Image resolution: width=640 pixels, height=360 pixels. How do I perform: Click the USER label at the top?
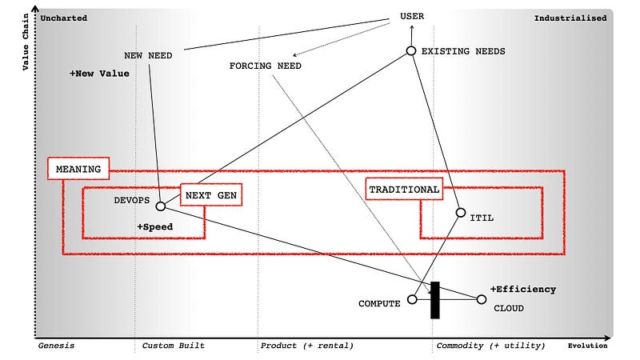pos(412,16)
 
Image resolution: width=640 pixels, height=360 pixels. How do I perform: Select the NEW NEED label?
pos(148,55)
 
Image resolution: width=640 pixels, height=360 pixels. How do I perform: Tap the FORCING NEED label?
pos(265,66)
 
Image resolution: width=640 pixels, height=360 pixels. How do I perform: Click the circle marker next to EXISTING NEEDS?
pos(410,51)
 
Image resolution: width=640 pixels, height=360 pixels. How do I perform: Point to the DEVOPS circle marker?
pos(160,206)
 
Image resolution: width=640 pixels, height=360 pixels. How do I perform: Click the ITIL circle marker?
pos(460,213)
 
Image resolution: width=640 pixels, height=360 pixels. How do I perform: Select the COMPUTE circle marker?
pos(412,300)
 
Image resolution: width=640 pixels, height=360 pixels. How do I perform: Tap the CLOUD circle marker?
pos(481,300)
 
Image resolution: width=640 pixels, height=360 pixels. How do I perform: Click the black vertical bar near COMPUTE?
pos(435,300)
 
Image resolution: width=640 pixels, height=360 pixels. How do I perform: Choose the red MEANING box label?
pos(78,169)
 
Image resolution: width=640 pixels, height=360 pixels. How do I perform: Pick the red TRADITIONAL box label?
pos(404,190)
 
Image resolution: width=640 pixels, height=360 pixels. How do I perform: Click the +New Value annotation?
pos(99,74)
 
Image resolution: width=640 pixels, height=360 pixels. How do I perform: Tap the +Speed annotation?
pos(154,227)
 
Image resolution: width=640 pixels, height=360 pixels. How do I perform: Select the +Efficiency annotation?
pos(523,289)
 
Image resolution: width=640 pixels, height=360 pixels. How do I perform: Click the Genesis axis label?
pos(56,346)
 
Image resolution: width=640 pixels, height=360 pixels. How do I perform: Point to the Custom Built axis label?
pos(173,346)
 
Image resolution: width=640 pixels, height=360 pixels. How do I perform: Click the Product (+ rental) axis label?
pos(306,346)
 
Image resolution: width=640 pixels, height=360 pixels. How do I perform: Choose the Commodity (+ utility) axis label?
pos(490,346)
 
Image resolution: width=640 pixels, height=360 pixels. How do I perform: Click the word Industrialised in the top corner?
pos(570,18)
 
